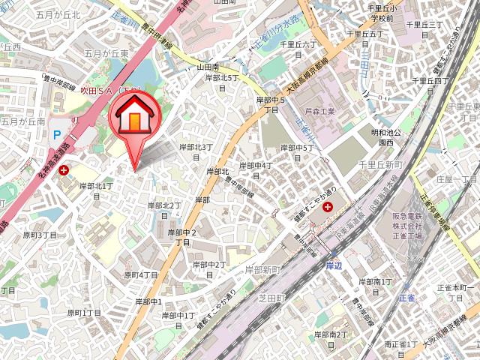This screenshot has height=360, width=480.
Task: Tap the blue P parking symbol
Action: [x=56, y=135]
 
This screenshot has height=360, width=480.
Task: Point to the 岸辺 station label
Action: [x=334, y=265]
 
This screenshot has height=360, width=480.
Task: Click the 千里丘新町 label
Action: [x=380, y=164]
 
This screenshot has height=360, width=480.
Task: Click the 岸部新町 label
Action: [x=262, y=268]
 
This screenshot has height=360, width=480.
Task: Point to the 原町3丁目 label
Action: [x=40, y=235]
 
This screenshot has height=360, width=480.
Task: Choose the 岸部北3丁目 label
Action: [x=196, y=152]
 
